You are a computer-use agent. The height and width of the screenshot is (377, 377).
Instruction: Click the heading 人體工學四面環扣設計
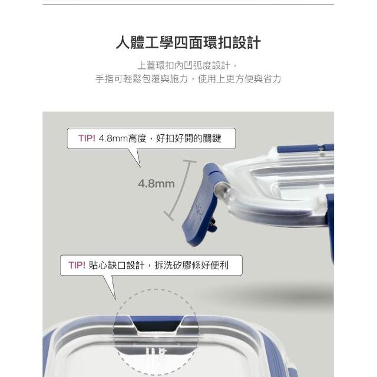188,43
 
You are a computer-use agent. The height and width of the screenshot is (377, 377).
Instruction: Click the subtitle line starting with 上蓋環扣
188,65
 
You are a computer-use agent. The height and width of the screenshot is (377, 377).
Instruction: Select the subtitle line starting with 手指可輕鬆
188,78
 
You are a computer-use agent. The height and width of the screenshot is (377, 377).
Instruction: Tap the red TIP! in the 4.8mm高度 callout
87,138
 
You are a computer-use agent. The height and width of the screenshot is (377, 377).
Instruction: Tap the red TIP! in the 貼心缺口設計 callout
77,265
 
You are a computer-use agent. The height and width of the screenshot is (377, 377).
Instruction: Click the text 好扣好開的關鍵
188,138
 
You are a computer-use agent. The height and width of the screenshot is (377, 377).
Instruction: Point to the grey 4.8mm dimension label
156,184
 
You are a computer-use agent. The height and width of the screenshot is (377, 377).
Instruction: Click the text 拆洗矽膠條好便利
191,265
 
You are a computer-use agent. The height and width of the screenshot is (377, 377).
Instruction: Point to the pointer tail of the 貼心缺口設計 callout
110,287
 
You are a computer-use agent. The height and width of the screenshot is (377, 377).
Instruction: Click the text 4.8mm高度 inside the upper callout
123,138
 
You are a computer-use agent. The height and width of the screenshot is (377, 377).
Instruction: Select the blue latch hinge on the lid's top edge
305,148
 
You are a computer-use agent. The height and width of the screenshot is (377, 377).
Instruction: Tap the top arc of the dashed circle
156,290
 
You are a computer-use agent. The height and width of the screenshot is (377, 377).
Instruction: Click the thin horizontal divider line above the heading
188,4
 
